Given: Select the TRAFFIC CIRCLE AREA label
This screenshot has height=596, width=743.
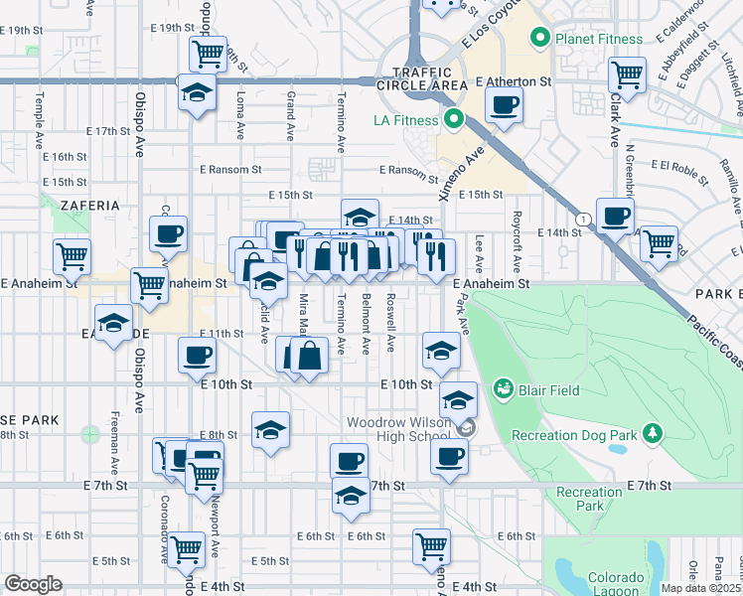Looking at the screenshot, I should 429,78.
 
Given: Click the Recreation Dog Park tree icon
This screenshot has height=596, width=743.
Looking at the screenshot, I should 653,433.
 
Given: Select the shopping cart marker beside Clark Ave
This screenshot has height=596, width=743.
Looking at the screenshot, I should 627,73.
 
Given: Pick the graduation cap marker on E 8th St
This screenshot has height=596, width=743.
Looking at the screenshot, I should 271,429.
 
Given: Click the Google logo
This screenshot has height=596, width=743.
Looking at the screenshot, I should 33,584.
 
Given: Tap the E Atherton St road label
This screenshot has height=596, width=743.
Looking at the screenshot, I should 513,81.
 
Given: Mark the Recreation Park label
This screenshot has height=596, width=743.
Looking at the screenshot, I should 589,499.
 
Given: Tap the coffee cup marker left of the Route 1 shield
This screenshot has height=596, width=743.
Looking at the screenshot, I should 615,215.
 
